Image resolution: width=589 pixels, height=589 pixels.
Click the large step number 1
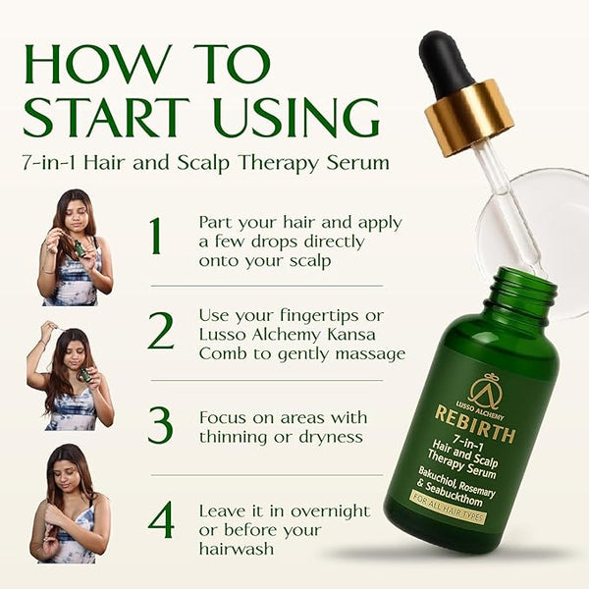(156, 236)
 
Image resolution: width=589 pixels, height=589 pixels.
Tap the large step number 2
(161, 331)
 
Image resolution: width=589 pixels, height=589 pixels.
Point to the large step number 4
(161, 519)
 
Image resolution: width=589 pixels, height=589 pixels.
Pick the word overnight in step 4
(331, 512)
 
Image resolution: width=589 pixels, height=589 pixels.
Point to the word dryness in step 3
(331, 438)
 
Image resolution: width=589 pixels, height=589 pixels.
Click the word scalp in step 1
(310, 261)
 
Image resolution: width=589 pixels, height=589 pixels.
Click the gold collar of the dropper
(469, 118)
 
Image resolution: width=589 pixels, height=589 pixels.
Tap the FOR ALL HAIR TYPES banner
(448, 508)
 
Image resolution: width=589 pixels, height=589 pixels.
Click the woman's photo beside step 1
(76, 247)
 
